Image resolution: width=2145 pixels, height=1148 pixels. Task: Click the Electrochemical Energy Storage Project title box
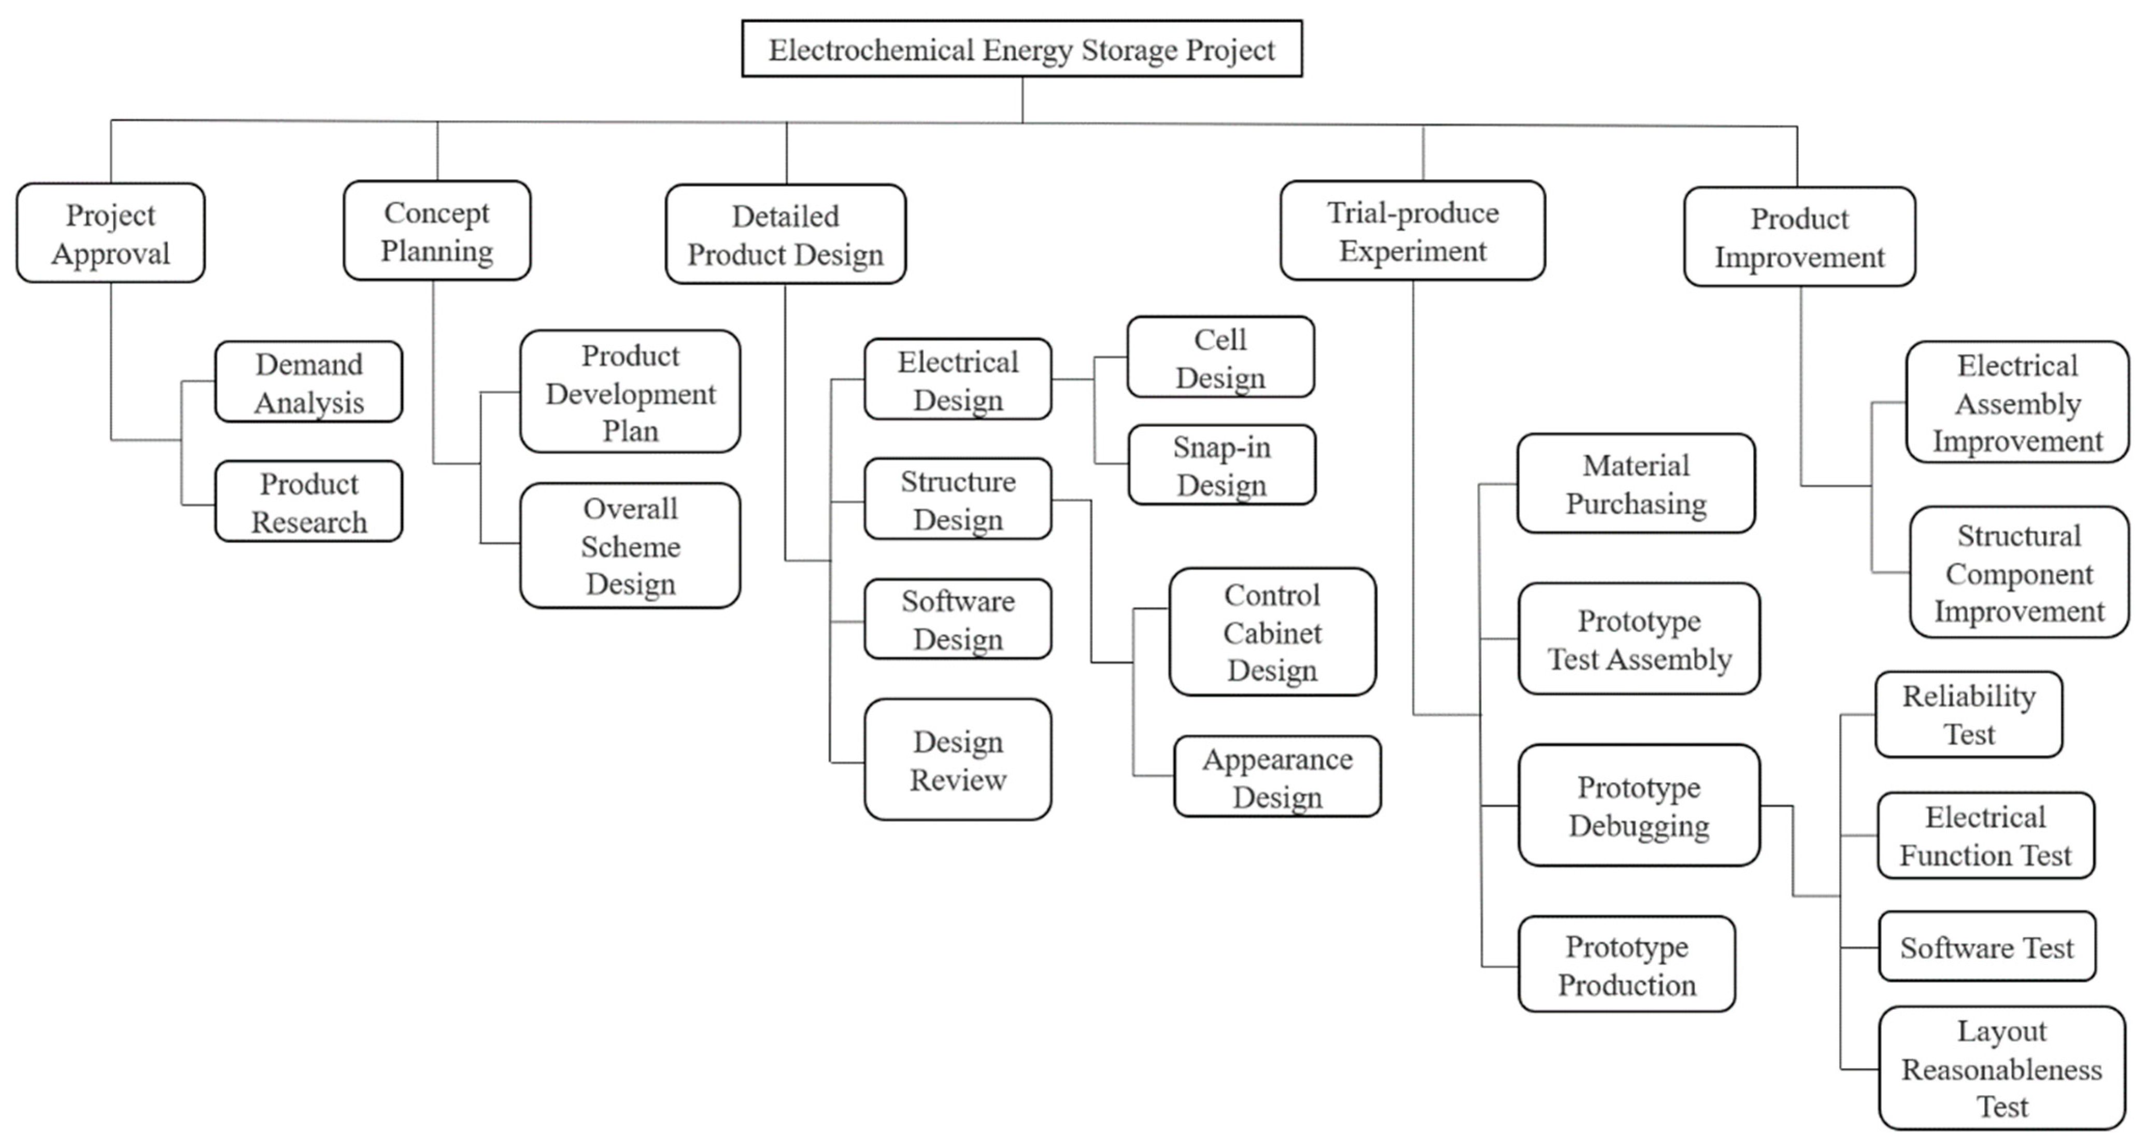tap(1021, 49)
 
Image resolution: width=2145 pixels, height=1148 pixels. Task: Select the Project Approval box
tap(111, 233)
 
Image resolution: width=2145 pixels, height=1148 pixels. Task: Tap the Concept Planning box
tap(437, 231)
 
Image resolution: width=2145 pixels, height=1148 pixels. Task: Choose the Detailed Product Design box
tap(785, 235)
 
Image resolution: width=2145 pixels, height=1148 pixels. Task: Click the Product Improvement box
tap(1799, 237)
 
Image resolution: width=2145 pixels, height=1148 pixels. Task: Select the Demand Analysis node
tap(309, 382)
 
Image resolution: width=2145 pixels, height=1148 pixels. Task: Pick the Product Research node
tap(309, 502)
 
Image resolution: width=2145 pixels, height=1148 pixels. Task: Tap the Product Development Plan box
tap(630, 392)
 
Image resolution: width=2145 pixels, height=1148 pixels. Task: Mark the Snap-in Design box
tap(1221, 465)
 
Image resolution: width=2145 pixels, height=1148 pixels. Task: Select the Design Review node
tap(958, 760)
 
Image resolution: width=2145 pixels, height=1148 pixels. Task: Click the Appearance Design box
tap(1277, 777)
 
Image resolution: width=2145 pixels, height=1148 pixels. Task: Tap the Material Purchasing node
tap(1636, 484)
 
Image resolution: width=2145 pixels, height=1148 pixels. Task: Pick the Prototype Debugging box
tap(1639, 806)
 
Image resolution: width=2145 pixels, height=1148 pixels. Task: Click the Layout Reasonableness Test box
tap(2002, 1068)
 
